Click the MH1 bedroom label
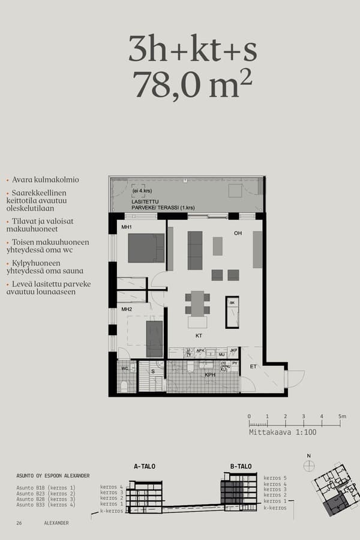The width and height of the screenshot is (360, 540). (127, 227)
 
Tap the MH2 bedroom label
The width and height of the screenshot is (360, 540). (127, 309)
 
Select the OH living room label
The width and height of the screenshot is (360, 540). (238, 233)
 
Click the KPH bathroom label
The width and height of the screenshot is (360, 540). (210, 375)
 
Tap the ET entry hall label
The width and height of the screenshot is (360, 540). (253, 365)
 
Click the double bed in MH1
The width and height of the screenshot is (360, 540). (146, 248)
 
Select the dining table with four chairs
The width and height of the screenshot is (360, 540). (197, 304)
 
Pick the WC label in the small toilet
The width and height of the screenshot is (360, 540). (124, 368)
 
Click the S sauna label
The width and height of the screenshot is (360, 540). (153, 371)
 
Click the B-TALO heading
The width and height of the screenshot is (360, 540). (241, 466)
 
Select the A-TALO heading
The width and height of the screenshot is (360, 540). (145, 466)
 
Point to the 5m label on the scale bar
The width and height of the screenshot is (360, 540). (341, 416)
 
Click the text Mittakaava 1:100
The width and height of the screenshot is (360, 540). (282, 432)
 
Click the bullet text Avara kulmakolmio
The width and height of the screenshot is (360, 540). (46, 180)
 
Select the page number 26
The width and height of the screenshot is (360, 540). (19, 523)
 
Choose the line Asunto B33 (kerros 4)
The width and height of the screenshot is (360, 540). (46, 505)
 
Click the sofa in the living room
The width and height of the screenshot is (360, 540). (195, 250)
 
